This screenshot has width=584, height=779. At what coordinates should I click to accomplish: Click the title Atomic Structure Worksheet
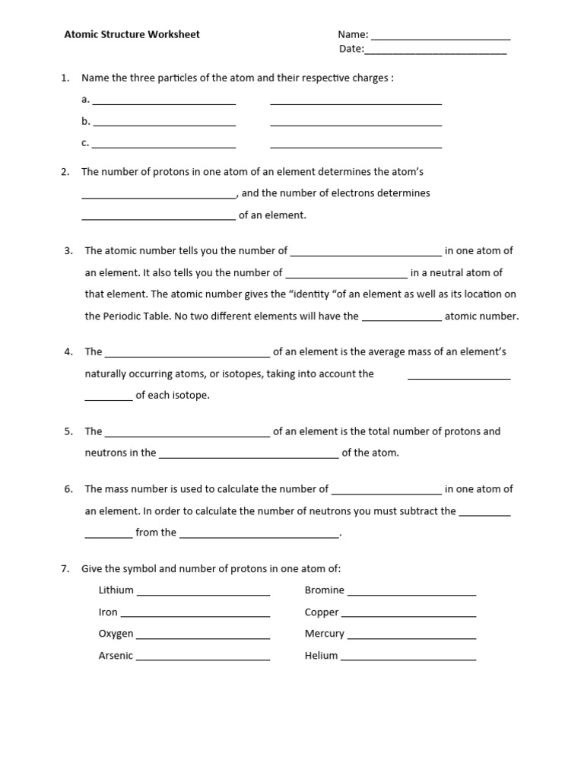tap(132, 34)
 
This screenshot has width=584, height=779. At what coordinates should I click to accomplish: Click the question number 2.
tap(65, 172)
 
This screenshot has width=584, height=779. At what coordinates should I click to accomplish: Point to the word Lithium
tap(116, 590)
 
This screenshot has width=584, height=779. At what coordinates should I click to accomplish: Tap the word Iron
tap(108, 612)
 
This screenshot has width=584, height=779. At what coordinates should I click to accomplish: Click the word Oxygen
tap(116, 634)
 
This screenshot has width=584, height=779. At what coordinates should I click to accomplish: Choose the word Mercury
tap(324, 634)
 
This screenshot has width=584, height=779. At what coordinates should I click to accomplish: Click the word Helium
tap(321, 656)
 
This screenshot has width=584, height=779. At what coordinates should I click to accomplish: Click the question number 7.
tap(65, 569)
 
